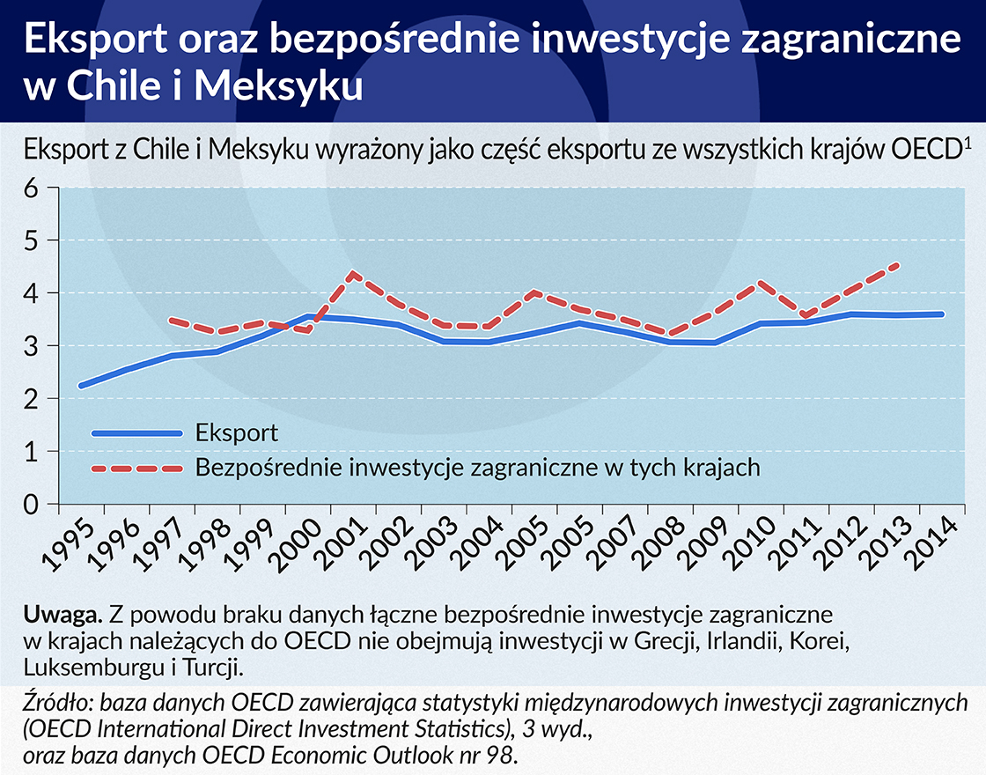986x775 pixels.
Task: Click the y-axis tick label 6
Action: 32,188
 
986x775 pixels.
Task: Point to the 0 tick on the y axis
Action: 32,505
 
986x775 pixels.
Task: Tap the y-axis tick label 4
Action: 32,293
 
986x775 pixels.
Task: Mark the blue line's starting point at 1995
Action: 81,386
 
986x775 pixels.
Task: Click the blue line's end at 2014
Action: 942,314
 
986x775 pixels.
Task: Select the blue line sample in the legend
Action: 136,432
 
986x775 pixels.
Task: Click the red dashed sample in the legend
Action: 136,468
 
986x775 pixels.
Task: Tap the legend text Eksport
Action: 238,432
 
